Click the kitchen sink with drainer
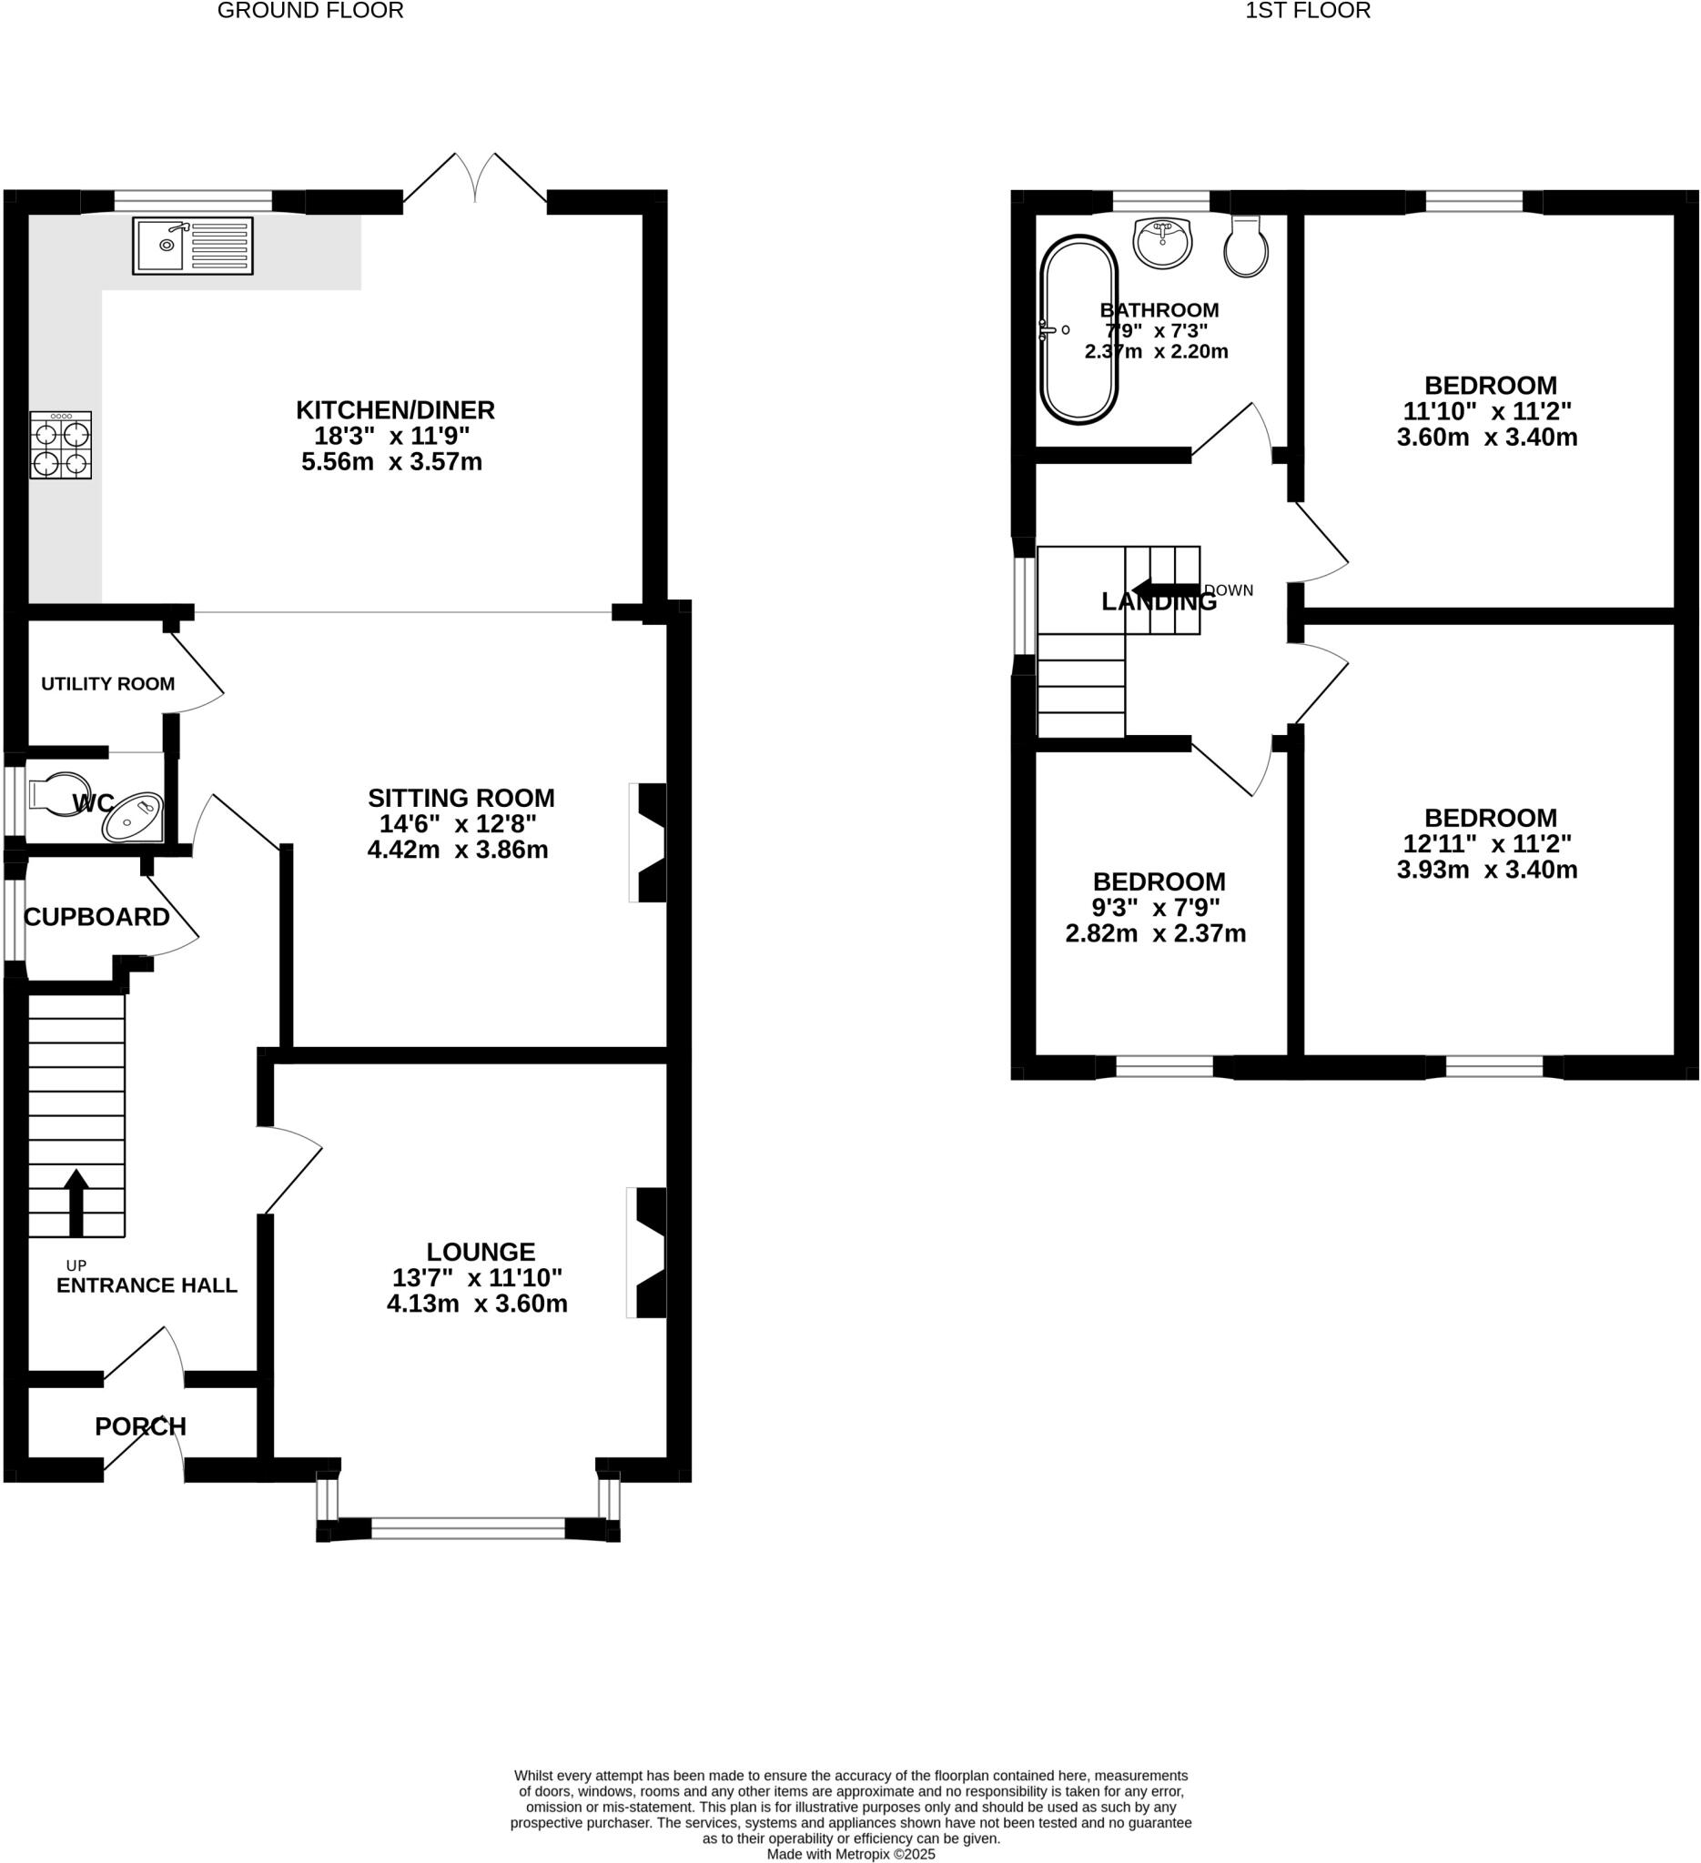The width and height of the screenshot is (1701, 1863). (192, 245)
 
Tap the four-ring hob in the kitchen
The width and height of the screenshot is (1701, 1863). (61, 445)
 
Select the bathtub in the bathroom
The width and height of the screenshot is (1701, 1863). (1078, 330)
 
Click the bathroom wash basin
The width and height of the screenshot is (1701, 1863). (1162, 243)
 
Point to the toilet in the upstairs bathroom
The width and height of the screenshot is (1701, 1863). (1245, 247)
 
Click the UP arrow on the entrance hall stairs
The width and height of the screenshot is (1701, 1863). (76, 1203)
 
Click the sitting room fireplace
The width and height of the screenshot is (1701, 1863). (650, 841)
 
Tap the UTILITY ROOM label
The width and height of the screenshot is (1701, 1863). (108, 684)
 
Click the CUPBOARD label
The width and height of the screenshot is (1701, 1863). (97, 917)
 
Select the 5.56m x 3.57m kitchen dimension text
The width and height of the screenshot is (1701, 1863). (392, 462)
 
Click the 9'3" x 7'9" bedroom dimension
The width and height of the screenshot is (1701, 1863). (1157, 908)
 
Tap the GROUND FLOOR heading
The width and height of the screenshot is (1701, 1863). (310, 11)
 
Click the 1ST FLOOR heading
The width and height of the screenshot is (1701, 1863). (1307, 11)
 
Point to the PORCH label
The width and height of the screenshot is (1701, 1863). (140, 1427)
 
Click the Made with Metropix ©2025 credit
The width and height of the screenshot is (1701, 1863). (850, 1854)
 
